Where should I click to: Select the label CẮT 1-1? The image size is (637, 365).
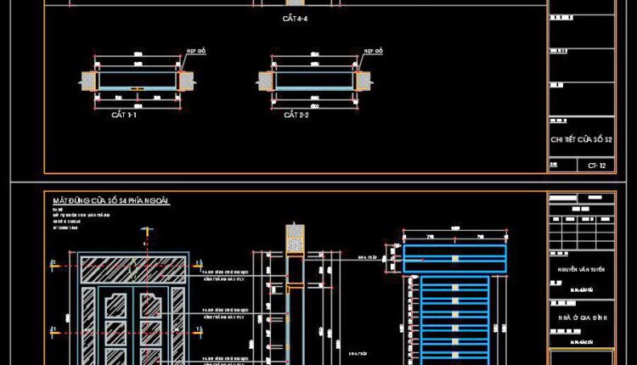pyautogui.click(x=126, y=115)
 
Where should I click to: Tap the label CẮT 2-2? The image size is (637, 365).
pyautogui.click(x=296, y=115)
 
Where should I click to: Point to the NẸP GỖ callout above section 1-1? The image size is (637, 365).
pyautogui.click(x=196, y=52)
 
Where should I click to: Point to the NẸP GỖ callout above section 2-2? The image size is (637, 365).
pyautogui.click(x=373, y=52)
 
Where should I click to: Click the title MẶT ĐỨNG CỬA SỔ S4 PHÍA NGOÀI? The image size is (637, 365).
pyautogui.click(x=111, y=201)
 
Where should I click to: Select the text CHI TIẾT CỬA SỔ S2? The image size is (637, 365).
pyautogui.click(x=582, y=139)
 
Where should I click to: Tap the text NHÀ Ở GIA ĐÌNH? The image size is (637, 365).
pyautogui.click(x=581, y=317)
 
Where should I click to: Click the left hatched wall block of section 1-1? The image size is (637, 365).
pyautogui.click(x=89, y=81)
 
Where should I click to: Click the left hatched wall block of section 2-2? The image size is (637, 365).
pyautogui.click(x=265, y=81)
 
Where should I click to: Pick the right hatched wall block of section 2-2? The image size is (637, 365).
pyautogui.click(x=363, y=81)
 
